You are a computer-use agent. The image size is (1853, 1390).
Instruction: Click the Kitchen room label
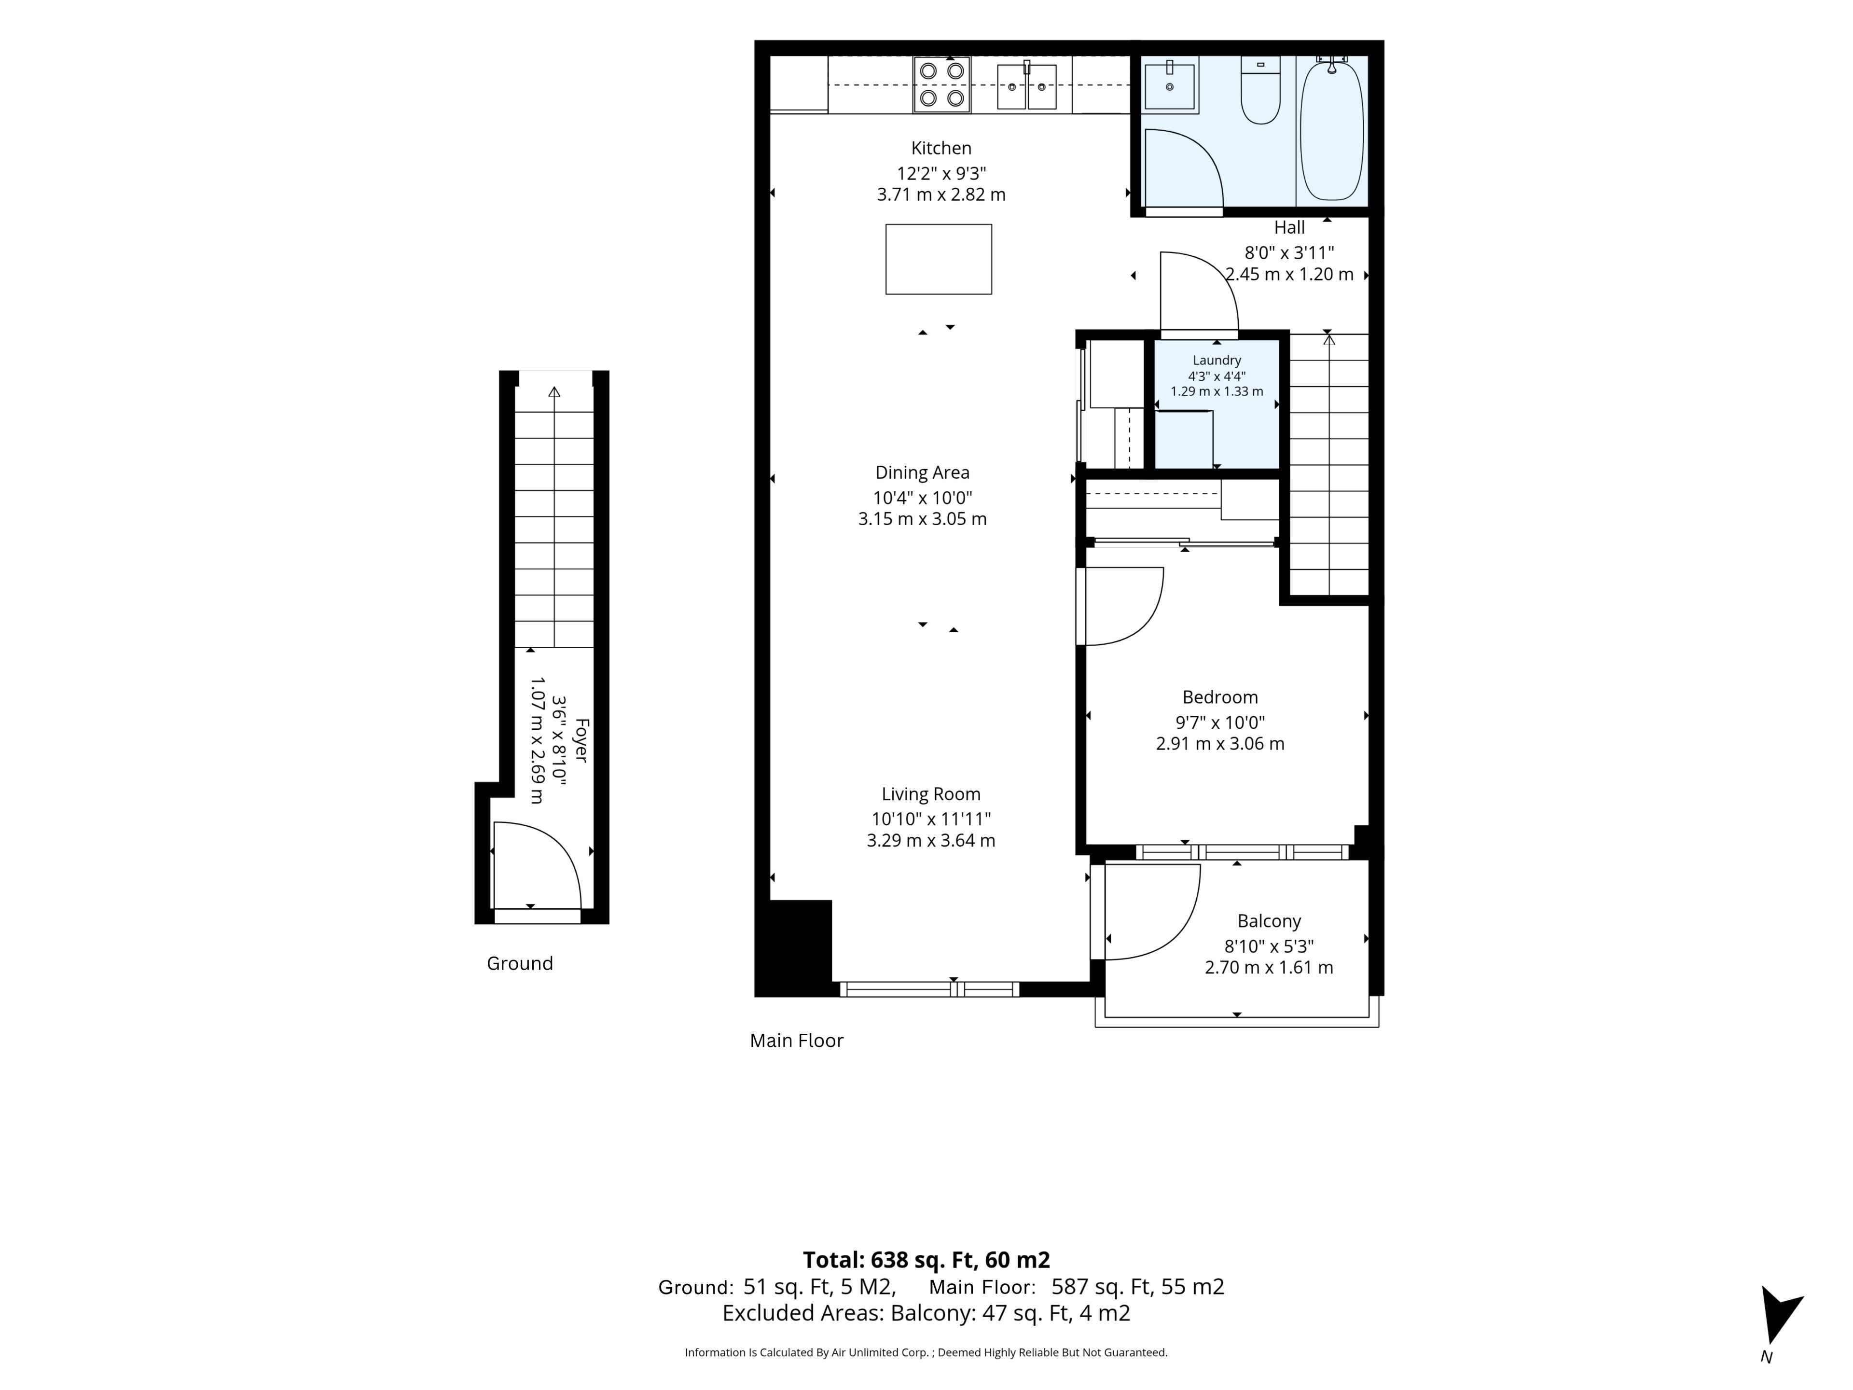[x=941, y=148]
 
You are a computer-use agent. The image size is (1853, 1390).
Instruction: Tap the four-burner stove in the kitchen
[x=941, y=84]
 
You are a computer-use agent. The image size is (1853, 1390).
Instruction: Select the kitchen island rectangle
[x=938, y=259]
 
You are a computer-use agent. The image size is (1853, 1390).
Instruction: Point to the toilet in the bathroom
[x=1260, y=90]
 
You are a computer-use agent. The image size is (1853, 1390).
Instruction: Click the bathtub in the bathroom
[x=1331, y=128]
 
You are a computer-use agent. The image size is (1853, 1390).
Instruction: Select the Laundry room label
[x=1217, y=360]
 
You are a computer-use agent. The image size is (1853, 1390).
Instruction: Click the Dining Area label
[x=922, y=473]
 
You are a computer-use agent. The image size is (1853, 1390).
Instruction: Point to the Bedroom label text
[x=1220, y=697]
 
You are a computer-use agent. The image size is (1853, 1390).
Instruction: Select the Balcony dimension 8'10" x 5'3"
[x=1268, y=946]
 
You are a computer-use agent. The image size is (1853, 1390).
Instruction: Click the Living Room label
[x=931, y=794]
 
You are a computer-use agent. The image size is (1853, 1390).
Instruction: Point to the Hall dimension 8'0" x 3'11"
[x=1289, y=253]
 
